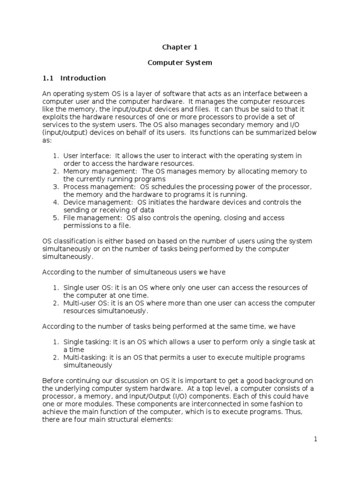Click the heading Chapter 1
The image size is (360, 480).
pos(177,47)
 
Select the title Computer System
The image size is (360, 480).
pos(180,62)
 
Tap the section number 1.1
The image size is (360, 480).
pos(48,78)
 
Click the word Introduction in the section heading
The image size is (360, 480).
pos(83,78)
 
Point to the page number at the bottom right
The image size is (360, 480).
pos(316,439)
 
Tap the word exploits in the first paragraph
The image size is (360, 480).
pos(54,117)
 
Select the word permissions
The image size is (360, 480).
pos(83,225)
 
